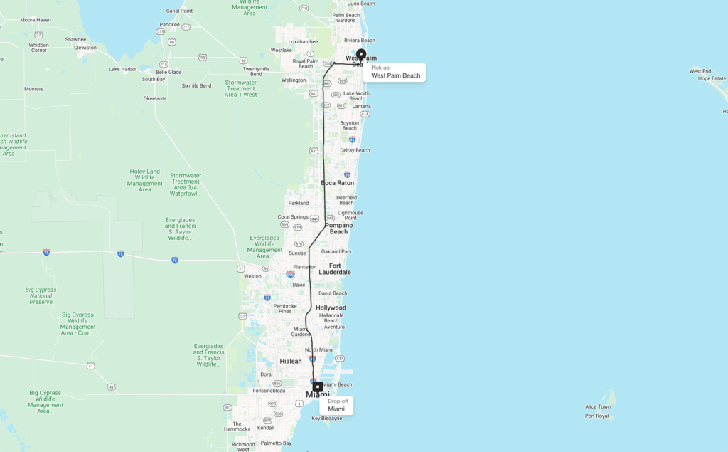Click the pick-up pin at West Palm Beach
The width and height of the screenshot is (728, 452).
pos(361,55)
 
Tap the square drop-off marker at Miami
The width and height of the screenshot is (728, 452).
pos(318,387)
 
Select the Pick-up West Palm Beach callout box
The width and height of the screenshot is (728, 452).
pos(395,72)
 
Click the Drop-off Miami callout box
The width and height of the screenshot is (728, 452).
pos(336,405)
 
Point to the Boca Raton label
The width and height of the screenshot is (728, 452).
pos(338,183)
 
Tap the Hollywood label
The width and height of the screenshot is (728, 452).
pos(331,308)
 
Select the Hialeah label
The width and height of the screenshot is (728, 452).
pos(291,362)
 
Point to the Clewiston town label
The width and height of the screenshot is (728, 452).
pos(85,48)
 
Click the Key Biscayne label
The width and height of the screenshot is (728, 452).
pos(327,418)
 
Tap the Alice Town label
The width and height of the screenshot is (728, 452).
pos(597,407)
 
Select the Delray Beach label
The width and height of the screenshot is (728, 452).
pos(355,150)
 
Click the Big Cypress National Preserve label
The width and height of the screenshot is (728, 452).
pos(41,295)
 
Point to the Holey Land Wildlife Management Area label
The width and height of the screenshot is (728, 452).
pos(145,180)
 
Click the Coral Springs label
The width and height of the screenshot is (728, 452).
pos(293,216)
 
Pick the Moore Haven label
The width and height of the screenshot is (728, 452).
pos(36,20)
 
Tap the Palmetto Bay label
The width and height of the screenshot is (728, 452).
pos(277,443)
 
